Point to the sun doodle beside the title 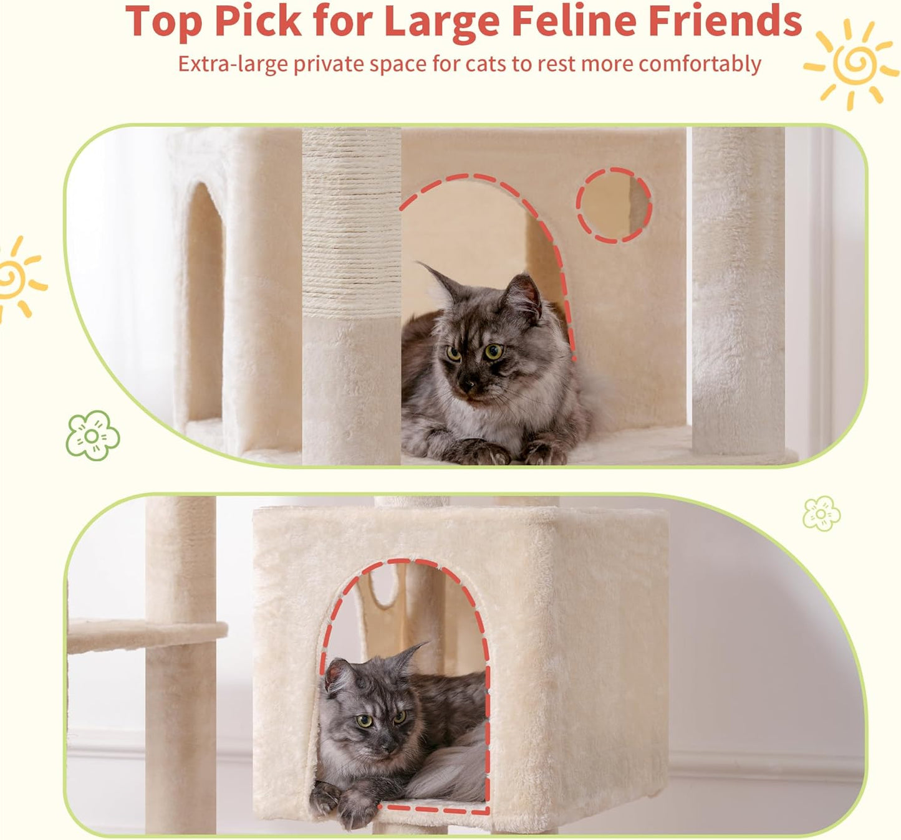point(852,64)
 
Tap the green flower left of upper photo point(92,435)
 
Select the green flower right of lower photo point(821,513)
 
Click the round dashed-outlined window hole point(614,205)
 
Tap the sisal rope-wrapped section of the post point(351,224)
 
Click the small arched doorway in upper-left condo point(205,305)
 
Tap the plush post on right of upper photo point(738,293)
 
